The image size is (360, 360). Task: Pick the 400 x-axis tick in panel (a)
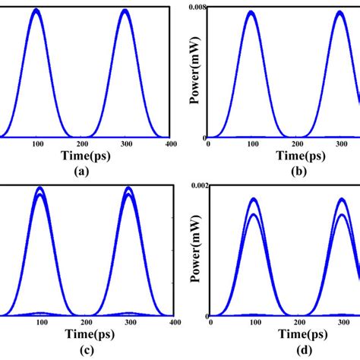tap(172, 144)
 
